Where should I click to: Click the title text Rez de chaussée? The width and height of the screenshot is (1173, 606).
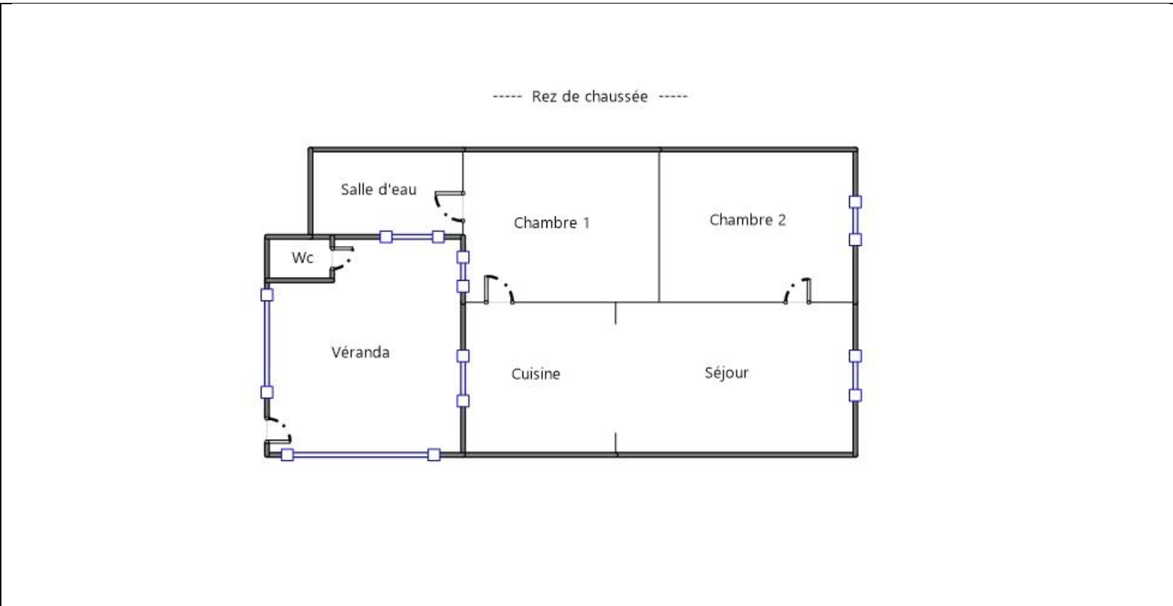[x=590, y=96]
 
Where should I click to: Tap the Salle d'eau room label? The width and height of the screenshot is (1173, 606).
[x=378, y=189]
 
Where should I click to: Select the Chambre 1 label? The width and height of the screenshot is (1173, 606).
[x=552, y=223]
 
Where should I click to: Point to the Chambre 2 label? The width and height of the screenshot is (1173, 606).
[x=747, y=219]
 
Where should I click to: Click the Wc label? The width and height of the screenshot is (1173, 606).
[x=302, y=257]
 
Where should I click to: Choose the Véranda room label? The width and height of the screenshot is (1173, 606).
[x=361, y=352]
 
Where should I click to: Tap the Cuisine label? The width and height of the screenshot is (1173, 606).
[x=536, y=373]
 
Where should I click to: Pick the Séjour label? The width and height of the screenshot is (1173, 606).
[x=726, y=373]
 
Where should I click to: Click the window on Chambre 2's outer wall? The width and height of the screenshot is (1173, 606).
[x=855, y=221]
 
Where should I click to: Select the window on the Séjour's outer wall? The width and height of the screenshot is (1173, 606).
[x=855, y=375]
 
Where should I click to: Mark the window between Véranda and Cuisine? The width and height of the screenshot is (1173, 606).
[x=463, y=379]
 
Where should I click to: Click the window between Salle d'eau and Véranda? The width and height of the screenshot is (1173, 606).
[x=412, y=238]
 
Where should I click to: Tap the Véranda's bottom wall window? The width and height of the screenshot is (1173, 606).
[x=361, y=455]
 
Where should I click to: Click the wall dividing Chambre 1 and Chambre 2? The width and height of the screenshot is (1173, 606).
[x=659, y=226]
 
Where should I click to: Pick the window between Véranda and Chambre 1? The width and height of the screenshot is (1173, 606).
[x=463, y=272]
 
